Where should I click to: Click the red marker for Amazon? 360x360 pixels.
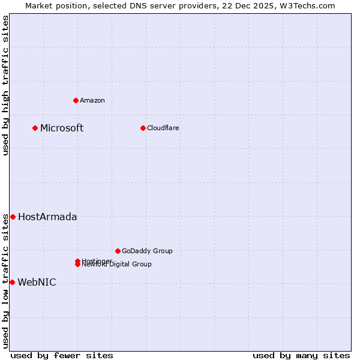[x=76, y=100]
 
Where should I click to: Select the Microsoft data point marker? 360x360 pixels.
[x=35, y=128]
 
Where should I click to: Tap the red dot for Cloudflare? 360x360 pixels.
[x=143, y=128]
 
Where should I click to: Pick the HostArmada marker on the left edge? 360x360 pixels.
[x=13, y=217]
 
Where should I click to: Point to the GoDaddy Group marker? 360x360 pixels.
[x=118, y=251]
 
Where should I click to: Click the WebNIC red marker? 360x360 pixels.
[x=12, y=282]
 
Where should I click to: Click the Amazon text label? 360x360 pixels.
[x=92, y=100]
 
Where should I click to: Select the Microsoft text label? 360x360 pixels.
[x=62, y=128]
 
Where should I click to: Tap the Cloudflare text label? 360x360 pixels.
[x=163, y=128]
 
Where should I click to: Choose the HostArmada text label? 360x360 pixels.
[x=47, y=217]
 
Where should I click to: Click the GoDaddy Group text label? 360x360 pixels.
[x=147, y=251]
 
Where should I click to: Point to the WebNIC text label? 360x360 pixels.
[x=37, y=282]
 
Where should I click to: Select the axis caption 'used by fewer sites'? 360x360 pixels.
[x=62, y=355]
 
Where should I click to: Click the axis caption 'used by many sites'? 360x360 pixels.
[x=301, y=355]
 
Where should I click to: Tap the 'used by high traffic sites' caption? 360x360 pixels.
[x=6, y=85]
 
